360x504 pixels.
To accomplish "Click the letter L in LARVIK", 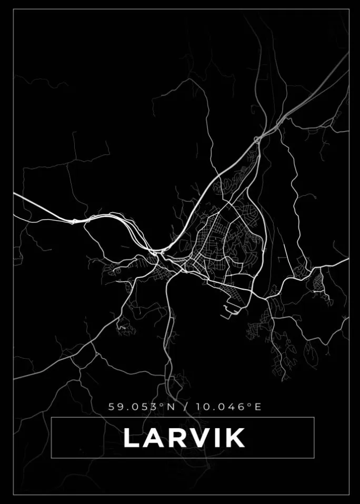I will tap(132, 438).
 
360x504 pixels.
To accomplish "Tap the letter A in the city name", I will tap(154, 438).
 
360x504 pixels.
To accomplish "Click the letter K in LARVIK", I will tap(235, 438).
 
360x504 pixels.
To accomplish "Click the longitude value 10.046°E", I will tap(228, 407).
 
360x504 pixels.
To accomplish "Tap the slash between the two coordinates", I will tap(185, 407).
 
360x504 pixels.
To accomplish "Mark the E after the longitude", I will tap(258, 407).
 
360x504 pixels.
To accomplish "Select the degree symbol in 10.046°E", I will tap(251, 404).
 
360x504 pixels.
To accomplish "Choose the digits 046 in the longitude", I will tap(232, 407).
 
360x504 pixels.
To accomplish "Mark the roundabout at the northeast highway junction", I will tap(257, 139).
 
